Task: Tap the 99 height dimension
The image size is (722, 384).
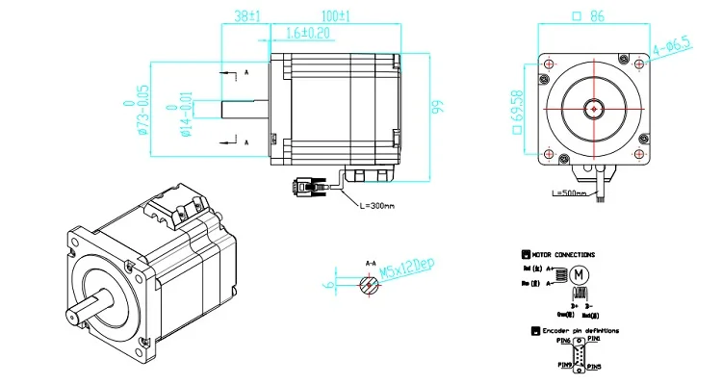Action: pos(435,106)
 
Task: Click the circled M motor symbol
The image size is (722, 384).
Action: pos(580,274)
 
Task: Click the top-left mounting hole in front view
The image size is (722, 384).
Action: pos(549,64)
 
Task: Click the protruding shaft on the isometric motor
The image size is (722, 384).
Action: pos(88,313)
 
